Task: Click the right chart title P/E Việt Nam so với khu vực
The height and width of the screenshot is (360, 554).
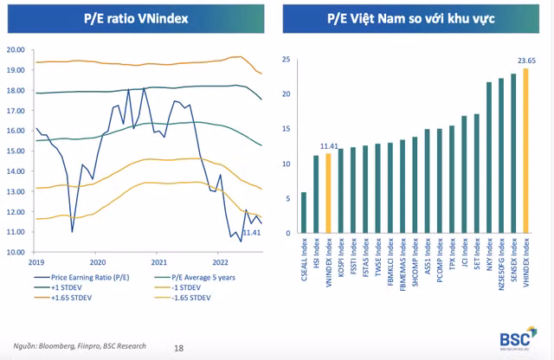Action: (414, 17)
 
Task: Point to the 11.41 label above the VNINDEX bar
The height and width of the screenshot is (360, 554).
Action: (330, 146)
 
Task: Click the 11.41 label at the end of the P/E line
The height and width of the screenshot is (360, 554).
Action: (252, 232)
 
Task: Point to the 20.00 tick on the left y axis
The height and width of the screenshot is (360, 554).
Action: (15, 49)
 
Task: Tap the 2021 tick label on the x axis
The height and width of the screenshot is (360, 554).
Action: (158, 261)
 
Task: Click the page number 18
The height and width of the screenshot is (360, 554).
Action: (179, 347)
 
